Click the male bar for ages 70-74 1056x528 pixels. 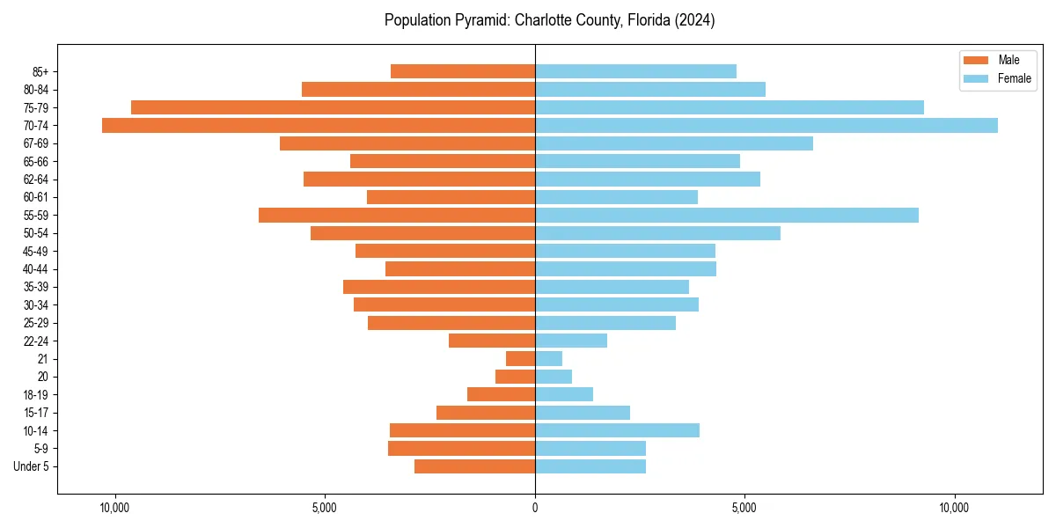point(319,125)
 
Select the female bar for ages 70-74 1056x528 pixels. point(766,125)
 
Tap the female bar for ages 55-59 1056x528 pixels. point(726,215)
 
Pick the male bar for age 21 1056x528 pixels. point(520,358)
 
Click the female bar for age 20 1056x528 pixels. point(554,377)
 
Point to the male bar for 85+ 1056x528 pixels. point(463,71)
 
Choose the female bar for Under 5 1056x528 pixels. point(590,466)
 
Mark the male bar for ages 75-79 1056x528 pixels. point(333,107)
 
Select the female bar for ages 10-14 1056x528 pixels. point(617,430)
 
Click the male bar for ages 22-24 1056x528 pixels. point(492,341)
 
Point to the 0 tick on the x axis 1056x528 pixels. point(535,508)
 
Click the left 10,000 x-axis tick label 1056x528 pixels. point(115,508)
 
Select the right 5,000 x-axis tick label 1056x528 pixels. point(744,508)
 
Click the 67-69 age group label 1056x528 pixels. point(36,143)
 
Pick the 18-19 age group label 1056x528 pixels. point(36,394)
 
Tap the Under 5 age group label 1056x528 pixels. point(31,466)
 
